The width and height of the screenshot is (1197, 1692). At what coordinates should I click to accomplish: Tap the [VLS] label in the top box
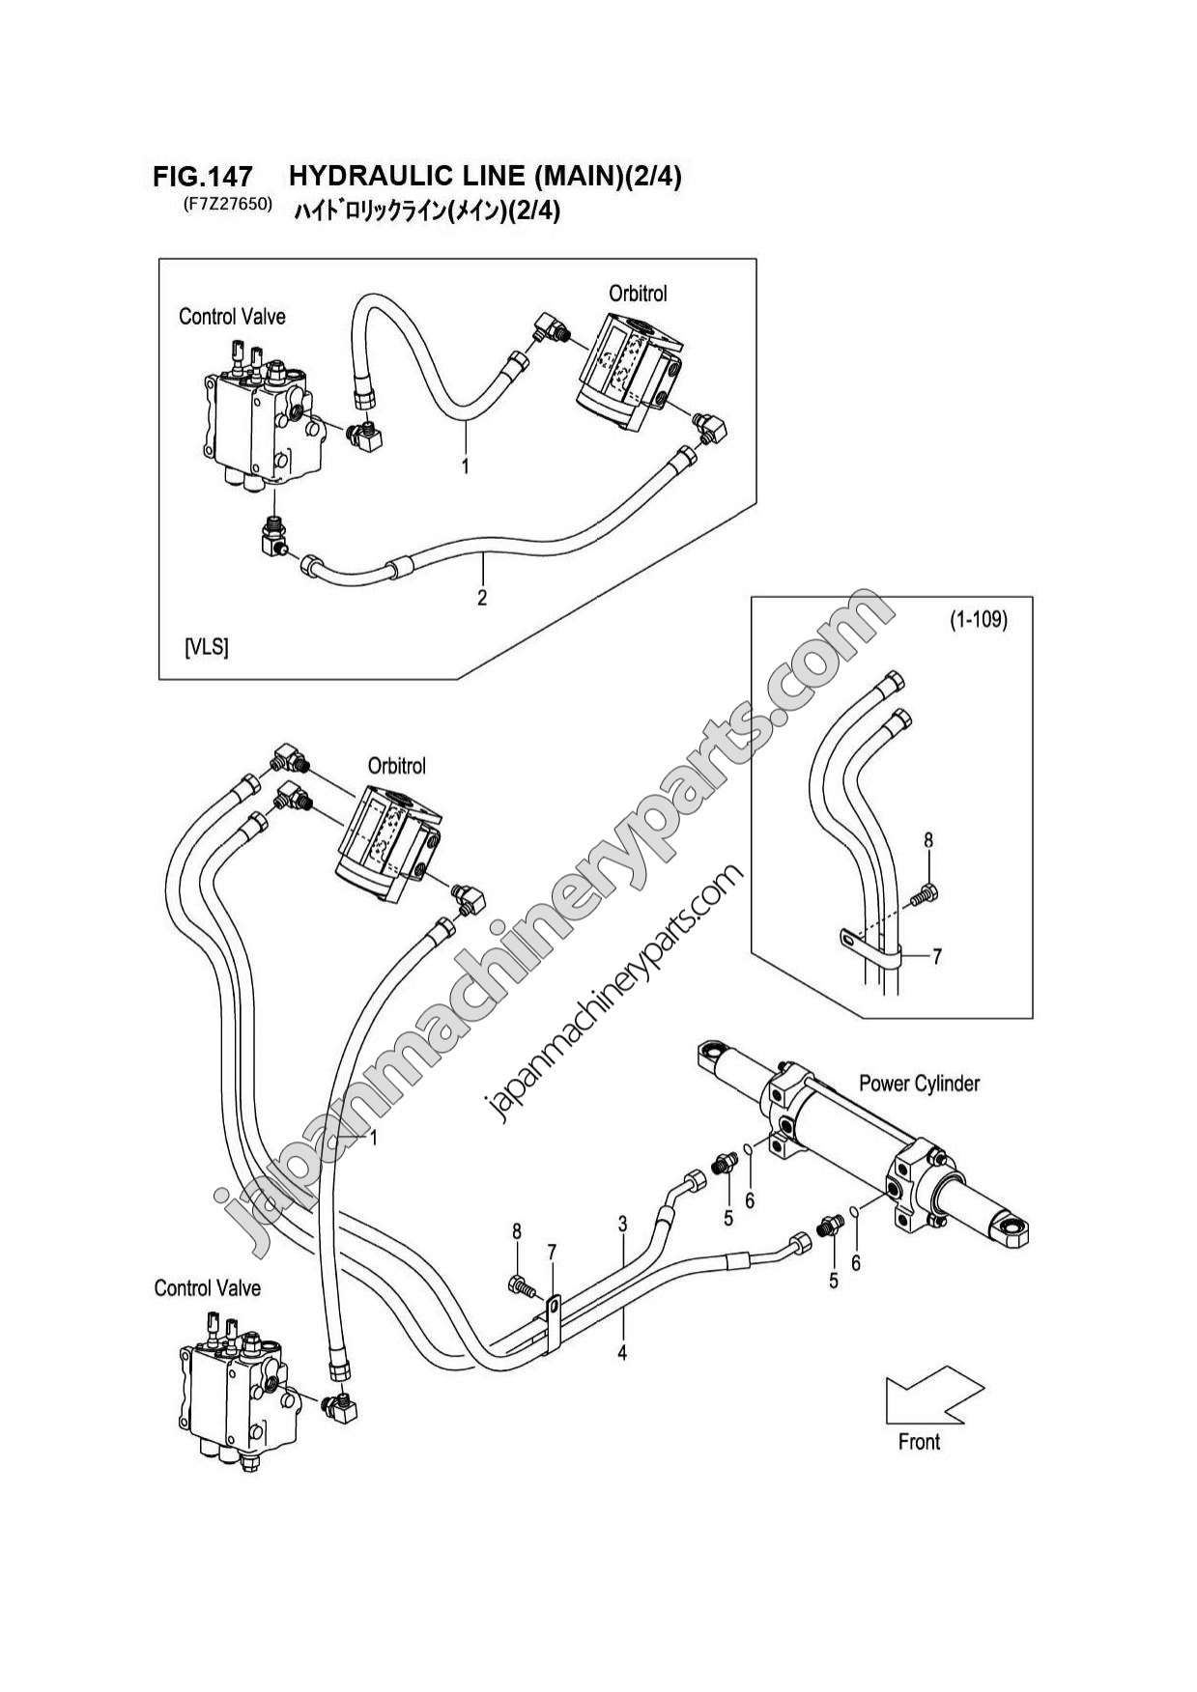pos(206,647)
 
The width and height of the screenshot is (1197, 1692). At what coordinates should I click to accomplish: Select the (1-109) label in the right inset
pos(978,621)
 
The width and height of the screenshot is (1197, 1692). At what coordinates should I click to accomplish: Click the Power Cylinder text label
pos(919,1084)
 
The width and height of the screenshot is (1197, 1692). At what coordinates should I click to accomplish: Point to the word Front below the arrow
pos(919,1442)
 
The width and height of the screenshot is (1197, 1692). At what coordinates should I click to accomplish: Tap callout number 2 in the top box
pos(482,598)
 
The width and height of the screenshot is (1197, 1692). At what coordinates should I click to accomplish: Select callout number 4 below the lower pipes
pos(622,1353)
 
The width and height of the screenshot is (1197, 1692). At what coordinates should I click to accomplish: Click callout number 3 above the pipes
pos(623,1225)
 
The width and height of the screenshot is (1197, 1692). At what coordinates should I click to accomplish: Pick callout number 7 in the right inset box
pos(936,957)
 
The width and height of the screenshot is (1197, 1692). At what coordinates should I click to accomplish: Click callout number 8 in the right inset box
pos(928,840)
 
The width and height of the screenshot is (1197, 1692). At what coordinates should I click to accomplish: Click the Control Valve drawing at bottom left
pos(234,1391)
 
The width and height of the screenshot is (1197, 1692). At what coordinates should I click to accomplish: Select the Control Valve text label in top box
pos(232,317)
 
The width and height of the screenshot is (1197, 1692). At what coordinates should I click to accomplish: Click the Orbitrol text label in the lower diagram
pos(396,767)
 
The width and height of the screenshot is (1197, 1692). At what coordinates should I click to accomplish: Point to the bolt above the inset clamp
pos(926,895)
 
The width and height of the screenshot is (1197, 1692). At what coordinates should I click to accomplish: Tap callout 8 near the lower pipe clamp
pos(517,1231)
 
